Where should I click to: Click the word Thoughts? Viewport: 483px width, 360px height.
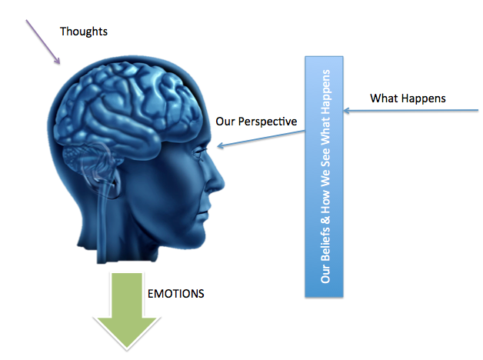click(84, 32)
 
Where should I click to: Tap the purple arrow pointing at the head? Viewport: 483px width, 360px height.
click(43, 43)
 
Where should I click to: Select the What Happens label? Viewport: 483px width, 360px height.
click(408, 98)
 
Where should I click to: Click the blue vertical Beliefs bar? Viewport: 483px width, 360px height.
click(324, 176)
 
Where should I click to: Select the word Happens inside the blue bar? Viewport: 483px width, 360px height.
click(324, 86)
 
